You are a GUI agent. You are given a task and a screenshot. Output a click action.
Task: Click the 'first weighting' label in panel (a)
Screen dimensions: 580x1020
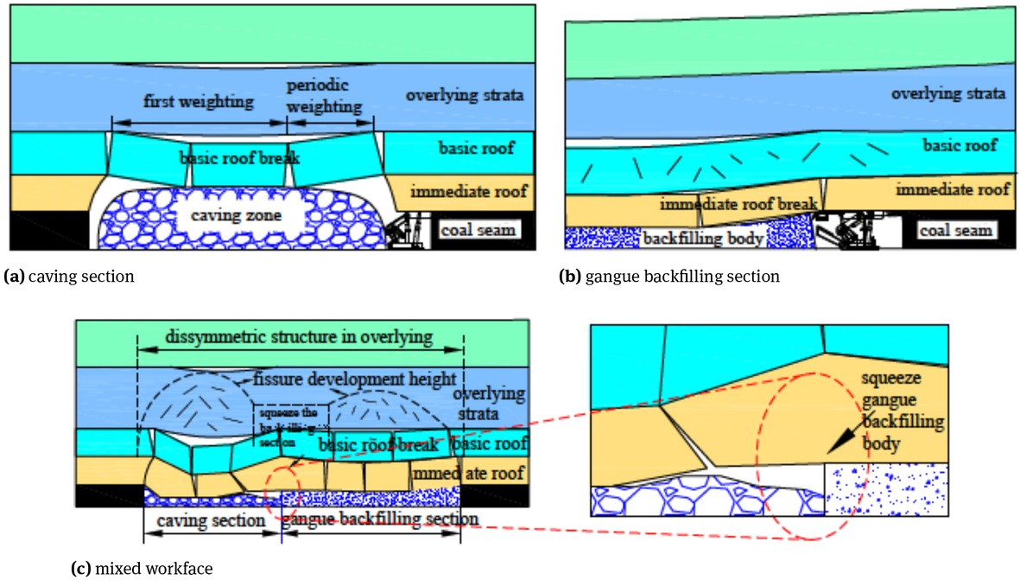tap(199, 101)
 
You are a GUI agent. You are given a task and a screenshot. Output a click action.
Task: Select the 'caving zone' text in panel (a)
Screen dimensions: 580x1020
tap(230, 216)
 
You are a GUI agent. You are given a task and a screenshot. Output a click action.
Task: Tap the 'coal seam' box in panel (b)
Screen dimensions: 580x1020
tap(954, 231)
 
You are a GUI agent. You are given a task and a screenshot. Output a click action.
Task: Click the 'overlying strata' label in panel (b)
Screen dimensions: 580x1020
tap(948, 93)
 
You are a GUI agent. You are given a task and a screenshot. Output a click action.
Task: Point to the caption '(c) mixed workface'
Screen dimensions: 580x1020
tap(140, 569)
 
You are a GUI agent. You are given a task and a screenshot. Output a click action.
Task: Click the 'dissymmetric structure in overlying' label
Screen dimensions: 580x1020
tap(300, 336)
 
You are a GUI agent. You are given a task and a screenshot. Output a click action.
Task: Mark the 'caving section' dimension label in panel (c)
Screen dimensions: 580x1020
tap(212, 520)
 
